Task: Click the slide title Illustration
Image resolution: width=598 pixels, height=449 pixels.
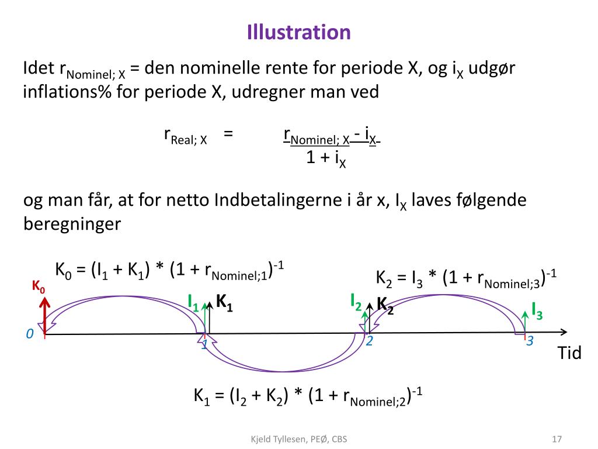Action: click(298, 32)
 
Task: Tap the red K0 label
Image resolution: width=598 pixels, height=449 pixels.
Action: click(38, 286)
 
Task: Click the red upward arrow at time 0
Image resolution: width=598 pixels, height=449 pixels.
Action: click(45, 316)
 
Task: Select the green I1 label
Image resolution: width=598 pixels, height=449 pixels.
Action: click(193, 302)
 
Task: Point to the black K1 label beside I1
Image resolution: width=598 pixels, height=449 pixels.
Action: click(225, 302)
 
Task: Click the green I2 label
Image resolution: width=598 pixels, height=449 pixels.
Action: click(356, 301)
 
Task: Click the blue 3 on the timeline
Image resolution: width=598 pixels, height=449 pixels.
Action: click(530, 341)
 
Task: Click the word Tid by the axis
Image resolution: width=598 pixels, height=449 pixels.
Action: click(569, 353)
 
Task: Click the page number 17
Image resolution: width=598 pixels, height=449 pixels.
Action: click(557, 439)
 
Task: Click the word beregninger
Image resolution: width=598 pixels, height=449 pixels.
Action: click(72, 224)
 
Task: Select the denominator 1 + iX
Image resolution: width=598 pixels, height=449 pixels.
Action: click(326, 158)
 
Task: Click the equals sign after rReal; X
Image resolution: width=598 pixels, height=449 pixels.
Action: click(228, 133)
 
